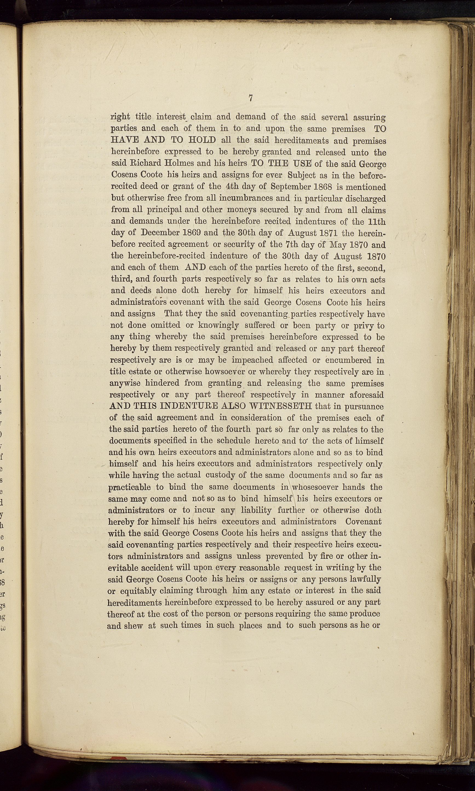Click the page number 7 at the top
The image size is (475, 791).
point(251,98)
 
